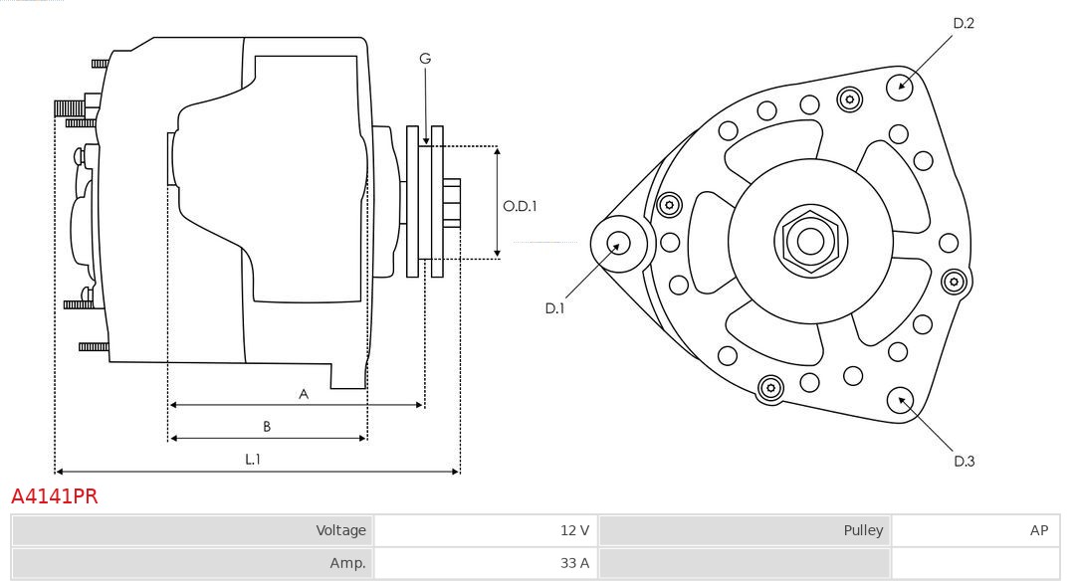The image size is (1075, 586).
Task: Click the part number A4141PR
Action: tap(55, 496)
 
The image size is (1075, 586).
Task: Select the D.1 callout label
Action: tap(554, 308)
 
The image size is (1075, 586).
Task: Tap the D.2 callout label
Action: tap(963, 23)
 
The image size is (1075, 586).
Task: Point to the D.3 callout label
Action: tap(964, 461)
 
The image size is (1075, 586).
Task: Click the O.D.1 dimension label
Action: tap(520, 207)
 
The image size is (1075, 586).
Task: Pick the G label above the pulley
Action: tap(425, 59)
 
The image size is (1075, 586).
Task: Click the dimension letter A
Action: tap(304, 394)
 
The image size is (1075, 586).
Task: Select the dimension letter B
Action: tap(267, 427)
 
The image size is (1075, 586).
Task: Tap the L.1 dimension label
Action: tap(253, 459)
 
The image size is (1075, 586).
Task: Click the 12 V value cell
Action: tap(574, 530)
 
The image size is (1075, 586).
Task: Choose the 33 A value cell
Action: tap(574, 563)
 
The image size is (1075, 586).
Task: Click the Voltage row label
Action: tap(341, 530)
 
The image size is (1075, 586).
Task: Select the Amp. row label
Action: tap(348, 563)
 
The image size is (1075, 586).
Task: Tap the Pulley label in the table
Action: tap(863, 530)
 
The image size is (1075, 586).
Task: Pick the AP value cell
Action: tap(1038, 530)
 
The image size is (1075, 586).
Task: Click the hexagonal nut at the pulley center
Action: tap(810, 240)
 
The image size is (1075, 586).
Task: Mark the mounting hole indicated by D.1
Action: tap(618, 242)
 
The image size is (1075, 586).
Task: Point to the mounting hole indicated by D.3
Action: tap(902, 400)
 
